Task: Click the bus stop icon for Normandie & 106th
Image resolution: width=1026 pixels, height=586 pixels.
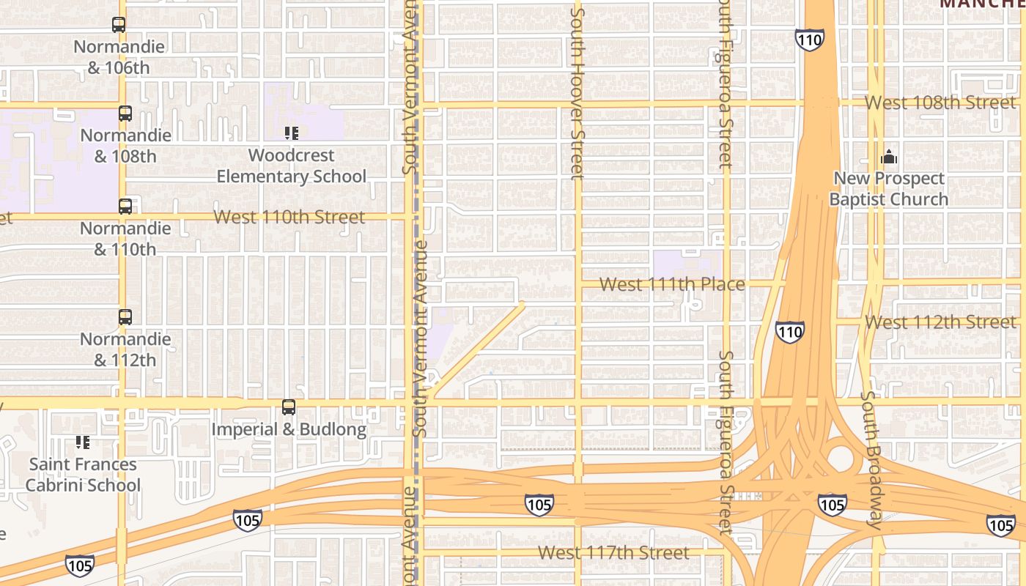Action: (x=119, y=25)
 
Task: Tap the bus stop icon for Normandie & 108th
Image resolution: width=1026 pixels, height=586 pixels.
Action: (x=125, y=114)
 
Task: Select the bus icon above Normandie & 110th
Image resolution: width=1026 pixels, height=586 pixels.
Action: (x=125, y=207)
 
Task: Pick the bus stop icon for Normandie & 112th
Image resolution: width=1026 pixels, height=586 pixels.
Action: (x=125, y=317)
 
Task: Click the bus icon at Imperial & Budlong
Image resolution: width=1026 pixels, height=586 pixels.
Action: (x=289, y=407)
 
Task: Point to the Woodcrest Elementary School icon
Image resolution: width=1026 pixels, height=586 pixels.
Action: (x=292, y=133)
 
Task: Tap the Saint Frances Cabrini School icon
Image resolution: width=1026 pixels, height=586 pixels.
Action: (x=83, y=442)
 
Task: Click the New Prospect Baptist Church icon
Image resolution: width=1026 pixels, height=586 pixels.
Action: (x=889, y=157)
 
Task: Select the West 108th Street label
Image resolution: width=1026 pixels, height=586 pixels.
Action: (x=941, y=103)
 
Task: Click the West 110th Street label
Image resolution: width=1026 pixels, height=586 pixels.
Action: (x=289, y=217)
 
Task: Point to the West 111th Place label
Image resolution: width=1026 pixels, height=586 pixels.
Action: (x=672, y=284)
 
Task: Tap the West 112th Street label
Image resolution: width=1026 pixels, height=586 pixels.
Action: (x=941, y=322)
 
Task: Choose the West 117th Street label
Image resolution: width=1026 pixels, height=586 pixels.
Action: (x=613, y=552)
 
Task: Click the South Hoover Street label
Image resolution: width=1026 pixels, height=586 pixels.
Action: (x=577, y=92)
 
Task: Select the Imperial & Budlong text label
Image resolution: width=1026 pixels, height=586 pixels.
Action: (x=289, y=429)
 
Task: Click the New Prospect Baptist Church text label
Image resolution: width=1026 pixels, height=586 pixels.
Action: (x=889, y=189)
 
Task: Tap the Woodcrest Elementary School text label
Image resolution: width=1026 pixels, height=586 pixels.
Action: (x=292, y=166)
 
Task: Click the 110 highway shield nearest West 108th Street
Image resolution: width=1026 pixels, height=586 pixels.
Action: (x=810, y=40)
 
